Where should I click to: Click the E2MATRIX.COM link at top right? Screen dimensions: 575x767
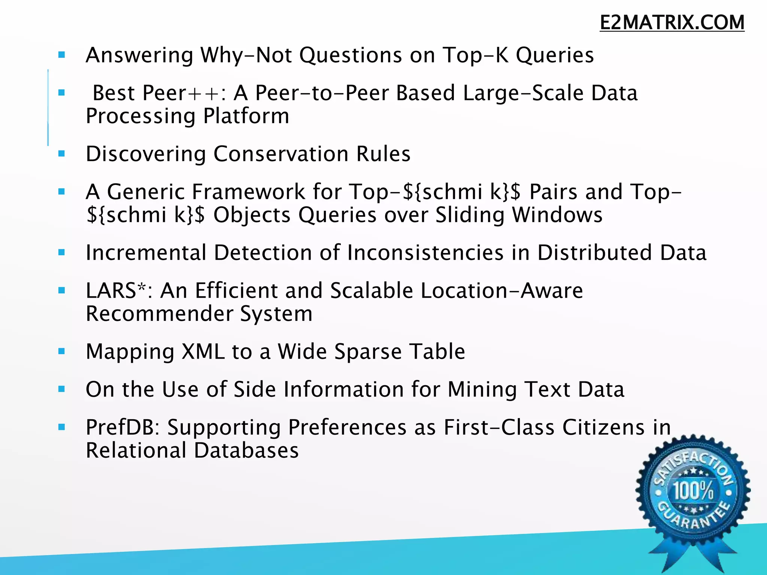tap(672, 22)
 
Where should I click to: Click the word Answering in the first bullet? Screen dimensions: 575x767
tap(139, 55)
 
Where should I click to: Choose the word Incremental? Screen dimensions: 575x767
tap(146, 252)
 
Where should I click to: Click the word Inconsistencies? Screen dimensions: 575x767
tap(425, 252)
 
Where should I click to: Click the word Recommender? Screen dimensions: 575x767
tap(159, 313)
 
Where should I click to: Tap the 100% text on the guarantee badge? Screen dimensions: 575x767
tap(693, 490)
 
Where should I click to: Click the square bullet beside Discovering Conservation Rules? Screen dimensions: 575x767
tap(62, 153)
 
